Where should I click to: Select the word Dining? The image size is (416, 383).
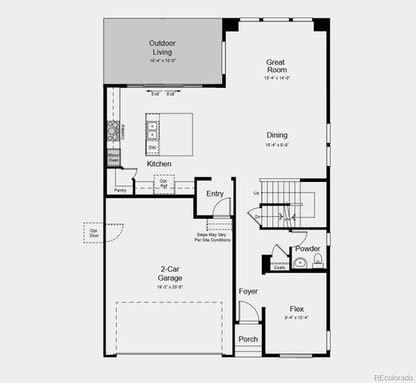277,135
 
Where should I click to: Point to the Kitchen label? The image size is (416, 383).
160,164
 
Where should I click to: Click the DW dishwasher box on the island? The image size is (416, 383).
152,147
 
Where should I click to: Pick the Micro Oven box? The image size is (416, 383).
113,157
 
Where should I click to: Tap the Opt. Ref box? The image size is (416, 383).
164,184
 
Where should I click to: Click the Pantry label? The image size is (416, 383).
121,191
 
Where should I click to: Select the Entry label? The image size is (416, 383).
215,194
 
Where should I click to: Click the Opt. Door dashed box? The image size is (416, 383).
94,234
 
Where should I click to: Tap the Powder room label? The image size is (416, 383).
307,249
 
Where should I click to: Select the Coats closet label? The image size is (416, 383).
279,267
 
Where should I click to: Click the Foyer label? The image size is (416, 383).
248,291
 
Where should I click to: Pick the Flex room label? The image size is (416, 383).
296,309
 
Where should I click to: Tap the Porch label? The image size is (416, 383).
248,339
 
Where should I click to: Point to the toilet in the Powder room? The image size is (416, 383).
317,260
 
